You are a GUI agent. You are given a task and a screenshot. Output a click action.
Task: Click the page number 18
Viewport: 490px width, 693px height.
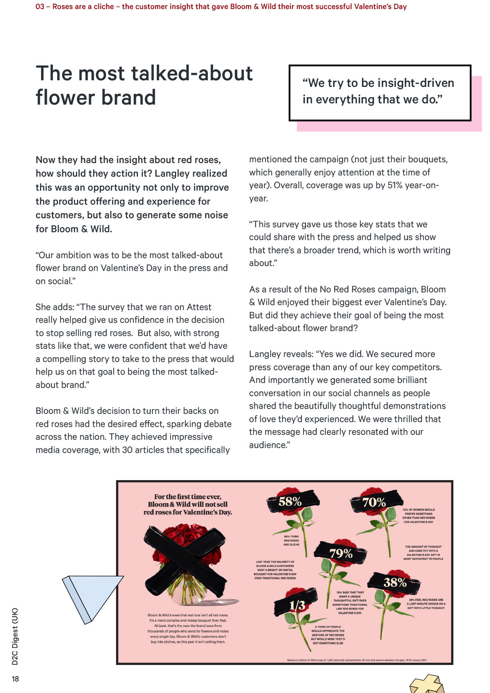coord(15,679)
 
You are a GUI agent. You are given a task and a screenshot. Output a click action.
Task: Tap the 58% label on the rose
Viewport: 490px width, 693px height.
coord(290,502)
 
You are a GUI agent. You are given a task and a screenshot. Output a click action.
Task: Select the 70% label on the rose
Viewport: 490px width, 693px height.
coord(374,502)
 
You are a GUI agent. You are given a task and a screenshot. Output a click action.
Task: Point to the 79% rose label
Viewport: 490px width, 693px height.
coord(341,553)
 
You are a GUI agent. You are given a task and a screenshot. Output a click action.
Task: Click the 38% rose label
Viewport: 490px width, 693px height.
coord(395,582)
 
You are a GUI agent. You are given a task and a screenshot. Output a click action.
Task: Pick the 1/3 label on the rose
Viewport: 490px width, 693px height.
coord(297,605)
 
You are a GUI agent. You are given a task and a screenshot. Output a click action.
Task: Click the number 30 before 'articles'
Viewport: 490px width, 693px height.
coord(127,450)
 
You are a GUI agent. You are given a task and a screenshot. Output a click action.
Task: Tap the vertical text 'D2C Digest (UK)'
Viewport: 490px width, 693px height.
coord(15,636)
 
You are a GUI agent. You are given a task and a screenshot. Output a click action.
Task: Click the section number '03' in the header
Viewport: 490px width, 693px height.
coord(40,7)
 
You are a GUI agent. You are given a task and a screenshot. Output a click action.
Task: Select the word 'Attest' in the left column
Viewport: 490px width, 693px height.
coord(199,307)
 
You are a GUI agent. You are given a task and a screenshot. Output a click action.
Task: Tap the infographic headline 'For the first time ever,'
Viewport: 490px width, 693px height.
coord(188,497)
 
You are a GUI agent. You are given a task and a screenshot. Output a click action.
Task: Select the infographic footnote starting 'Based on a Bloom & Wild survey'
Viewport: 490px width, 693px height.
coord(357,660)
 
